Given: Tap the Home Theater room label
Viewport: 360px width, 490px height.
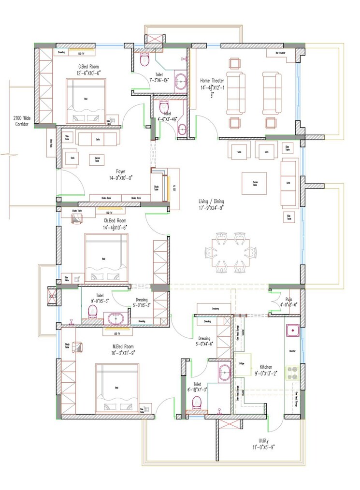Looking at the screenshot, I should (212, 81).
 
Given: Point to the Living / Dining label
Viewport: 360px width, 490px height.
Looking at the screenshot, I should (211, 201).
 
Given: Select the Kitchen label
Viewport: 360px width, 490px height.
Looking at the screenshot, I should (267, 367).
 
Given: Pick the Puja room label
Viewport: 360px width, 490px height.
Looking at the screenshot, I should (289, 299).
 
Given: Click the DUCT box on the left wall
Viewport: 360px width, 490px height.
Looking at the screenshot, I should (52, 297).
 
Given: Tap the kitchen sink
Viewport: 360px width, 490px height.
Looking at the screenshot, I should (293, 331).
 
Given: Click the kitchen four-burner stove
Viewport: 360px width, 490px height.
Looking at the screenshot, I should (292, 373).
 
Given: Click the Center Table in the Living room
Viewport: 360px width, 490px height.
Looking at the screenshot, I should (254, 183).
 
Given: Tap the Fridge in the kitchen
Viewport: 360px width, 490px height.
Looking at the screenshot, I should (241, 362).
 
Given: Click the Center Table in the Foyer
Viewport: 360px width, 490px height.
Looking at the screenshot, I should (98, 159).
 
